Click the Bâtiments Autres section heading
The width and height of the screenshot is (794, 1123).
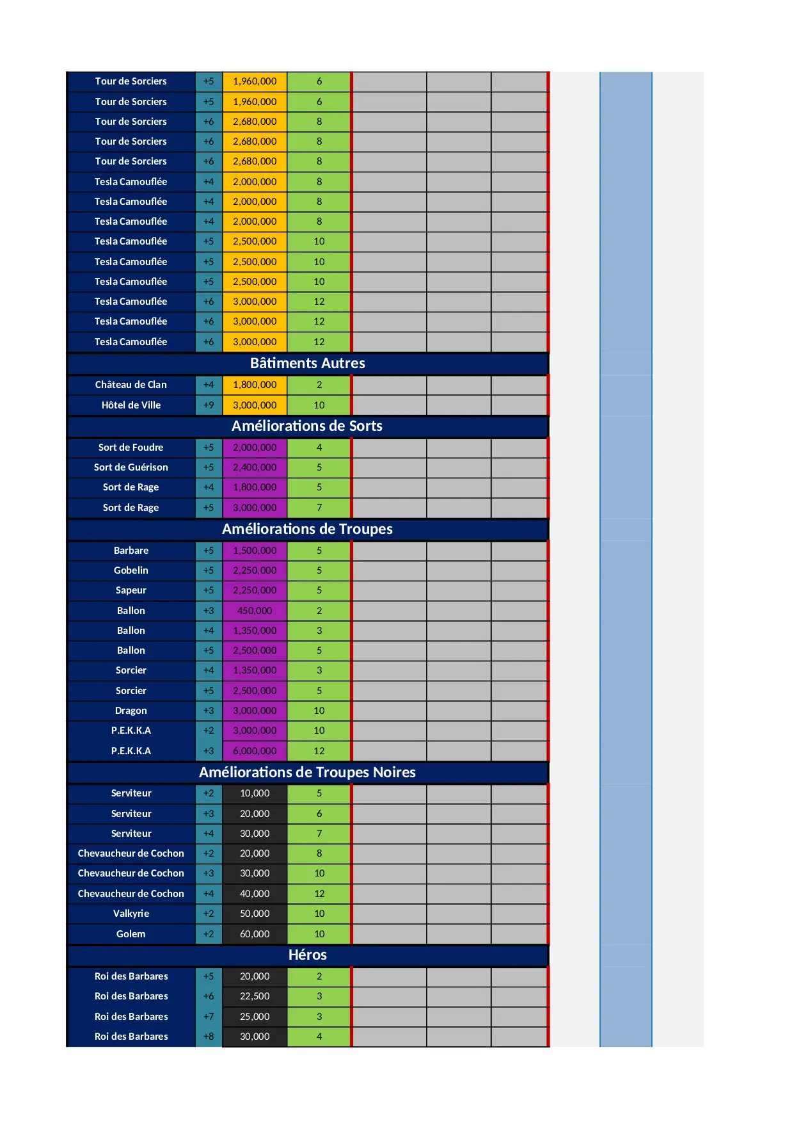pyautogui.click(x=307, y=364)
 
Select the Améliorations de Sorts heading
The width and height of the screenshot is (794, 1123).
pyautogui.click(x=307, y=426)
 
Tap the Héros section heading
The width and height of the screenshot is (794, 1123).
pyautogui.click(x=307, y=955)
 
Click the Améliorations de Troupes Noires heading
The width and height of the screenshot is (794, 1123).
pyautogui.click(x=307, y=773)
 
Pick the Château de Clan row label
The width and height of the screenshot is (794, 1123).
pyautogui.click(x=131, y=385)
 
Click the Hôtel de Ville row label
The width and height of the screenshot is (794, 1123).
pyautogui.click(x=131, y=405)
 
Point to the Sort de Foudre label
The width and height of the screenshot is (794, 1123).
pyautogui.click(x=131, y=448)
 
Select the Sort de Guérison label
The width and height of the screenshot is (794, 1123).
pyautogui.click(x=131, y=467)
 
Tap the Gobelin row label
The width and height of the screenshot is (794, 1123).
pyautogui.click(x=131, y=570)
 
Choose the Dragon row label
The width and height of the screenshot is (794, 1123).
pyautogui.click(x=131, y=711)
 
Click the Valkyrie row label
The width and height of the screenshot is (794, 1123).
pyautogui.click(x=131, y=914)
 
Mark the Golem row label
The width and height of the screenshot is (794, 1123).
pyautogui.click(x=131, y=934)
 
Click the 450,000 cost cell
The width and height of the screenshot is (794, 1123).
pyautogui.click(x=255, y=611)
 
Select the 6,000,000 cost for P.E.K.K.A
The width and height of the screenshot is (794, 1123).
pyautogui.click(x=255, y=751)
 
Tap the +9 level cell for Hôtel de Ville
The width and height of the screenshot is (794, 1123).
pyautogui.click(x=209, y=405)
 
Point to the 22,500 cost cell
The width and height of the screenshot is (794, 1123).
pyautogui.click(x=255, y=996)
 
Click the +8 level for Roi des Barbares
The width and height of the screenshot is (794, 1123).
pyautogui.click(x=209, y=1037)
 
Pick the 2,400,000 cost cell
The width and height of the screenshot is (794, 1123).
pyautogui.click(x=255, y=467)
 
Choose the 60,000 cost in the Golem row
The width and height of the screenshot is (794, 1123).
pyautogui.click(x=255, y=934)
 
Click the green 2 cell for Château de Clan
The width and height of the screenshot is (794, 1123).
pyautogui.click(x=319, y=385)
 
